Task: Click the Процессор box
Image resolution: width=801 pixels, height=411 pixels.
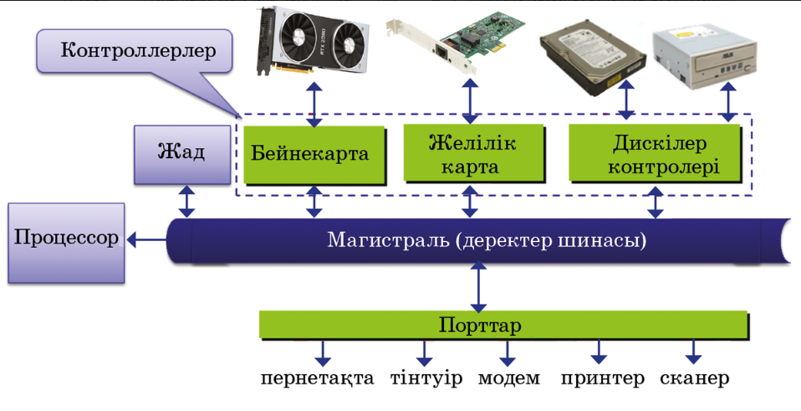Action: click(x=66, y=243)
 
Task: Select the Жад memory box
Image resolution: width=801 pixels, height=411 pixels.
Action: click(x=182, y=154)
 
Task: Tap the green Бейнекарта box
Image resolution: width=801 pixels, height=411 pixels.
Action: click(x=314, y=155)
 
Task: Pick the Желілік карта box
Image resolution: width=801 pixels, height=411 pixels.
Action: click(x=474, y=153)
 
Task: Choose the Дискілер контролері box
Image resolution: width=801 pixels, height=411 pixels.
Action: click(x=655, y=153)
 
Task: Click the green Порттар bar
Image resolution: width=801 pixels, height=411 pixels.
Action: click(x=503, y=325)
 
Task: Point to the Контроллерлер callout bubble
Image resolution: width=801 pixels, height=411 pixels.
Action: click(x=135, y=51)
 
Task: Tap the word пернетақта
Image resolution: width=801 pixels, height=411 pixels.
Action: click(x=317, y=379)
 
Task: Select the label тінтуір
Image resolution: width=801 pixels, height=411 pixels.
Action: click(x=426, y=378)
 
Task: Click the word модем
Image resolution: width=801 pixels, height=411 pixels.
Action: click(x=509, y=379)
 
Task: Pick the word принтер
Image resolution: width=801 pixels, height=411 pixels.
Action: click(x=603, y=379)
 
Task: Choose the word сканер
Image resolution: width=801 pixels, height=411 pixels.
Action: click(x=695, y=379)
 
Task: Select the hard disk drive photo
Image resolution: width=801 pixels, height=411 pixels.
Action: click(x=591, y=57)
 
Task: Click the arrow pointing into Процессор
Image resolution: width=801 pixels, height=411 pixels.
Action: click(x=147, y=239)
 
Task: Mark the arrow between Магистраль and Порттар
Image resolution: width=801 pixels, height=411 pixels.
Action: click(x=478, y=287)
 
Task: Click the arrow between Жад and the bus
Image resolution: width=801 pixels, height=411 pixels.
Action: click(x=186, y=202)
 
